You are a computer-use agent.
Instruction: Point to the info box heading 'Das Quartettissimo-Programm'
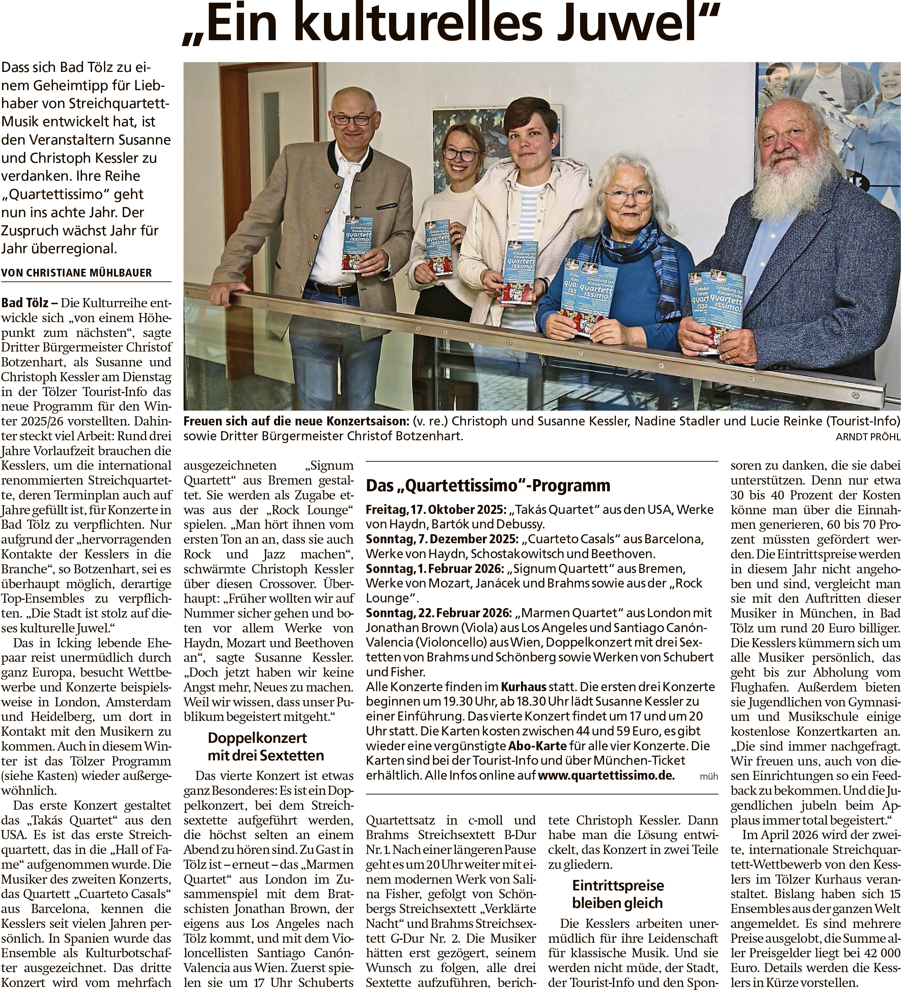[x=488, y=485]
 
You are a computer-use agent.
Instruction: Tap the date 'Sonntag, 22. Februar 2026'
[x=440, y=613]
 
